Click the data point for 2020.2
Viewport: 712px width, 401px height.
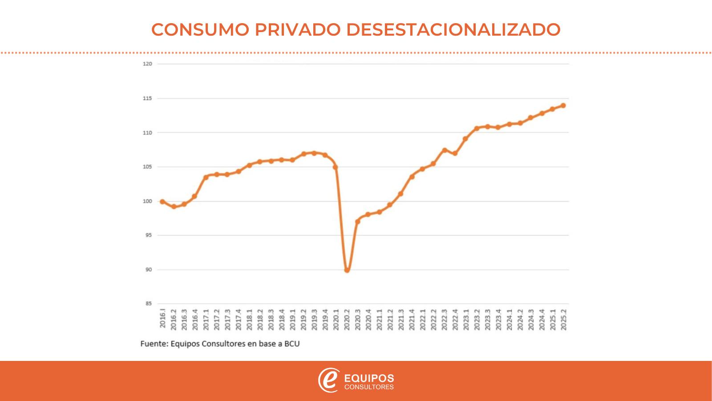[x=347, y=270]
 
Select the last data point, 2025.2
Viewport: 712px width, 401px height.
[x=563, y=106]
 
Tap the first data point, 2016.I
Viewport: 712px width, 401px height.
[x=162, y=202]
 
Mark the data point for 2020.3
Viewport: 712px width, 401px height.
[x=357, y=221]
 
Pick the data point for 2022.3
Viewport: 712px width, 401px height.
[x=444, y=150]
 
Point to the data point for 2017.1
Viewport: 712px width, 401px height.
[x=206, y=177]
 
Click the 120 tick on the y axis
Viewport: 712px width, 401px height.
[x=147, y=64]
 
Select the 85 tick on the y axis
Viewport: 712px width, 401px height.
[x=148, y=304]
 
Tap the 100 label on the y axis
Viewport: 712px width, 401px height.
[x=147, y=201]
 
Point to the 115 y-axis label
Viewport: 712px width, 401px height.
[x=147, y=98]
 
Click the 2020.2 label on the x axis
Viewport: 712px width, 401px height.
[x=347, y=319]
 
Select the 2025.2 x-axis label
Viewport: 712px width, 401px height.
[x=563, y=319]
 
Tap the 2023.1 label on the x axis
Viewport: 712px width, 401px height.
[x=466, y=319]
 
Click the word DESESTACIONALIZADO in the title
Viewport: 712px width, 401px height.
[x=453, y=29]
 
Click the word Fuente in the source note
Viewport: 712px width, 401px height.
[x=154, y=344]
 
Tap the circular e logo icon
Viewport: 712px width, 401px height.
[x=329, y=380]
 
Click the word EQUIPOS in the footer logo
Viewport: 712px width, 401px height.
[x=369, y=378]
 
